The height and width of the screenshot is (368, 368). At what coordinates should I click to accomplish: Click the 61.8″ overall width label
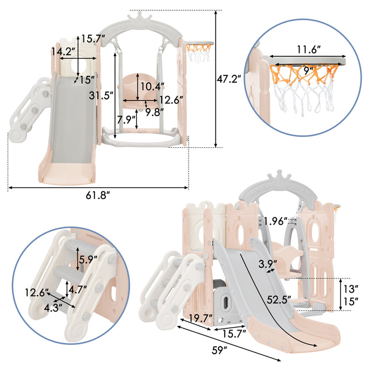tap(98, 195)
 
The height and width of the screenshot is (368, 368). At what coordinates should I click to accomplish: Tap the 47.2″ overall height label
tap(229, 79)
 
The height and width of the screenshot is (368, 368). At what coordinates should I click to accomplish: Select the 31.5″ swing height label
tap(101, 95)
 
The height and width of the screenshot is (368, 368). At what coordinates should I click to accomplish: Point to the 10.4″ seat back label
tap(152, 87)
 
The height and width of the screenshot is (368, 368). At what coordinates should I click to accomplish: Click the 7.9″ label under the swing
tap(126, 120)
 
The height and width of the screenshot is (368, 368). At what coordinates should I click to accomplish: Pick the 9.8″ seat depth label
tap(154, 112)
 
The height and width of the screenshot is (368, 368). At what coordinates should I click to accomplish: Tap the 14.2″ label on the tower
tap(63, 51)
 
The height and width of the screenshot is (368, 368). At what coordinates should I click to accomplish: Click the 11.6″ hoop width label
tap(309, 49)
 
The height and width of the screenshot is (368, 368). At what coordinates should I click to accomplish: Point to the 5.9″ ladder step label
tap(88, 259)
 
